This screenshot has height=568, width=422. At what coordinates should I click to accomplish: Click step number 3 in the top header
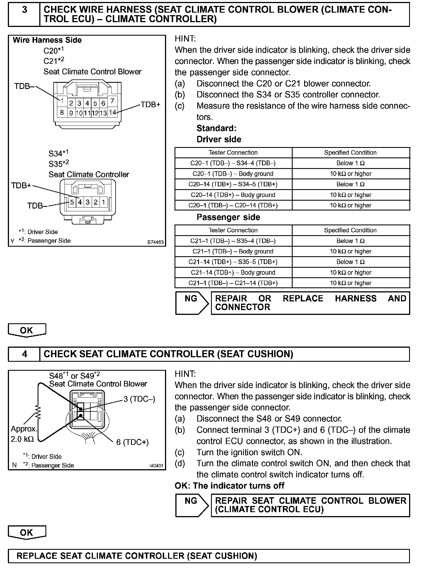pos(24,10)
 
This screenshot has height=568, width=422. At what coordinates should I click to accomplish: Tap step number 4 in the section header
pos(24,354)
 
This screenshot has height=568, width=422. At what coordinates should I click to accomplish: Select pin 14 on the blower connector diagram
pos(112,113)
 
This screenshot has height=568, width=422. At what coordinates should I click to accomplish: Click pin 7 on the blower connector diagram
pos(112,101)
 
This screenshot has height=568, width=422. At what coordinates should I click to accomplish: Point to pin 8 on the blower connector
pos(62,113)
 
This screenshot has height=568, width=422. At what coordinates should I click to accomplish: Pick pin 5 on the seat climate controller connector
pos(72,202)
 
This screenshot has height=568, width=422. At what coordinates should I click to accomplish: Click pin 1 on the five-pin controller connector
pos(103,202)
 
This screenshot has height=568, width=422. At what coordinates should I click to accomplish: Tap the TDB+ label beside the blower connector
pos(150,105)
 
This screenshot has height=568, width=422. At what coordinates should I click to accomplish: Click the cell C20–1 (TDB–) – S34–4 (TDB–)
pos(233,163)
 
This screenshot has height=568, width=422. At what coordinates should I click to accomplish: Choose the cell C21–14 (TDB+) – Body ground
pos(233,272)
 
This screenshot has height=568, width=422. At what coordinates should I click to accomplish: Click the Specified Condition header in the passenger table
pos(350,230)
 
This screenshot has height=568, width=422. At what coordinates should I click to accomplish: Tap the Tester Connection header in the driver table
pos(233,153)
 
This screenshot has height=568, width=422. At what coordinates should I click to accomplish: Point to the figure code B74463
pos(155,242)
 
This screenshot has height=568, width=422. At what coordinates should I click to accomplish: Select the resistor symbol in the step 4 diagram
pos(38,412)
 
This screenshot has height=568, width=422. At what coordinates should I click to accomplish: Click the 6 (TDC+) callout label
pos(132,442)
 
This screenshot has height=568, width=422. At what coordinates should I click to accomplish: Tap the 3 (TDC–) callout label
pos(139,399)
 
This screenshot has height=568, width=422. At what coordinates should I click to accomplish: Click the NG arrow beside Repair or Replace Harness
pos(192,303)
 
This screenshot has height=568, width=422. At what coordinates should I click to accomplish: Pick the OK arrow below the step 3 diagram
pos(27,330)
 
